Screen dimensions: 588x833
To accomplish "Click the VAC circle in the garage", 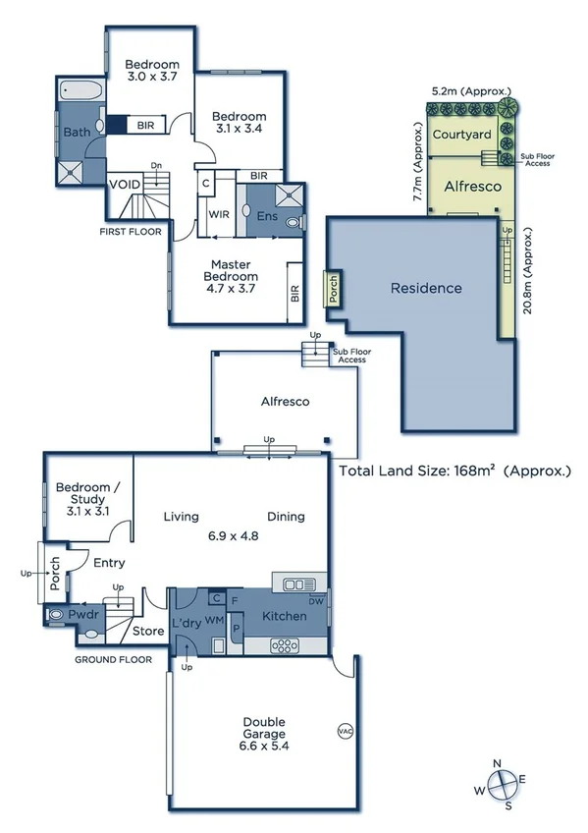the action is [x=346, y=731].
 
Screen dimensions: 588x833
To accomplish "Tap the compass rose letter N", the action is [x=498, y=764].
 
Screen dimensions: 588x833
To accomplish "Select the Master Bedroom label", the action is [x=231, y=270].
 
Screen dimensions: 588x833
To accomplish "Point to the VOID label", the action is [x=126, y=185].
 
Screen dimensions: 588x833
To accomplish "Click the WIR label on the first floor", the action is [x=219, y=214].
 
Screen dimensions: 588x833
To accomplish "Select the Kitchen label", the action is [x=285, y=616].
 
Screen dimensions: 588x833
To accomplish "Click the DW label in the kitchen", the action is [x=316, y=601].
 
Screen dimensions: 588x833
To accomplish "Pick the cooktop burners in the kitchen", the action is [x=285, y=646].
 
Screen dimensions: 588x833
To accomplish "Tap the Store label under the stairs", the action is [x=148, y=631].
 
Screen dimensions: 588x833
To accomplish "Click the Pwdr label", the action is [x=83, y=614].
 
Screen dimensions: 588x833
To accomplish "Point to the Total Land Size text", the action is [x=454, y=471].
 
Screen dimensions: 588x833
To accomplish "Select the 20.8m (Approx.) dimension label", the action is [x=527, y=271].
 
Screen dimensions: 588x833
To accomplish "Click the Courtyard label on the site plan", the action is [x=461, y=134].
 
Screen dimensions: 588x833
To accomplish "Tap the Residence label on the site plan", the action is [x=426, y=288].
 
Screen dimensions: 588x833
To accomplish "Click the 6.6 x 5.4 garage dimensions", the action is [x=264, y=746].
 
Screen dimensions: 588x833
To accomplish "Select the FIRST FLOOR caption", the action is [x=131, y=231].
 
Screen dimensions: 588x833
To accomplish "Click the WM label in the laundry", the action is [x=214, y=620].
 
